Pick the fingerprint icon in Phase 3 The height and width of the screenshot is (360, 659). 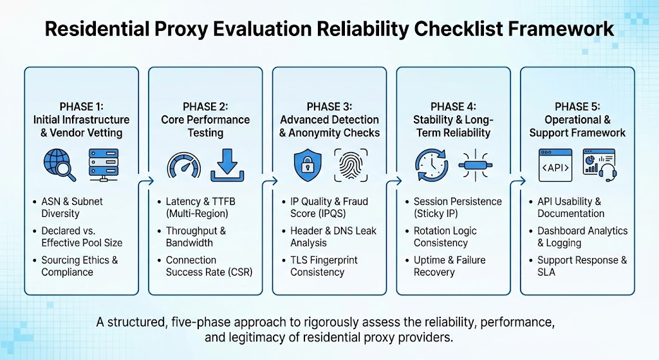click(351, 164)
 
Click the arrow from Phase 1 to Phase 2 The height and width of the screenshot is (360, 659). click(144, 182)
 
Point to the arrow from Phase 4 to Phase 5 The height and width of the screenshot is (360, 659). click(515, 182)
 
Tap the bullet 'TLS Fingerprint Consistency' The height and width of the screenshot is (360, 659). click(324, 266)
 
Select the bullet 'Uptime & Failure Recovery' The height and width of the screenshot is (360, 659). click(449, 266)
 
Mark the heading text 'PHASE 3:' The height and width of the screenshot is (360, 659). click(329, 106)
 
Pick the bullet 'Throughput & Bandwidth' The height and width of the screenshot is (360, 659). click(195, 237)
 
